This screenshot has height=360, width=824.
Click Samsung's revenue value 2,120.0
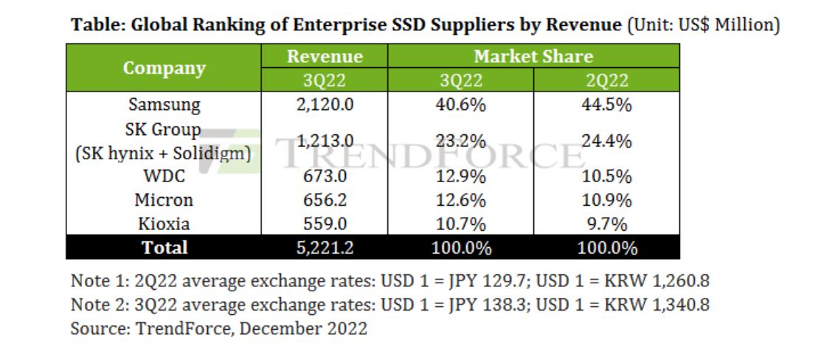click(325, 105)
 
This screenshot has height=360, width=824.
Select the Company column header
click(164, 68)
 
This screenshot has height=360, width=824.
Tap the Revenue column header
click(325, 57)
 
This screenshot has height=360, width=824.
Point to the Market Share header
click(533, 57)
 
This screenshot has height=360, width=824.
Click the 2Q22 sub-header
click(606, 80)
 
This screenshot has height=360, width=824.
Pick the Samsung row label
click(164, 105)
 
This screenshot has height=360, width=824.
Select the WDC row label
click(164, 176)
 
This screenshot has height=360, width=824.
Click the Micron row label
click(164, 200)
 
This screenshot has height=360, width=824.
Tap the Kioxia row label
click(164, 224)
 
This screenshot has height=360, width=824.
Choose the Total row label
click(164, 248)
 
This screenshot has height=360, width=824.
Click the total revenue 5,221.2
click(325, 248)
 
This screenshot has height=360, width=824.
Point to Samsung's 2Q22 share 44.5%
click(606, 105)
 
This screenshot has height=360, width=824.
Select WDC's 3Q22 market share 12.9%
click(460, 176)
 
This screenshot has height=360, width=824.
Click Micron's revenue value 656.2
click(325, 200)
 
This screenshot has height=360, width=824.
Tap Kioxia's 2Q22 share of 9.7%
click(606, 224)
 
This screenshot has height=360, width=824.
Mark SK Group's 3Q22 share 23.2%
click(460, 141)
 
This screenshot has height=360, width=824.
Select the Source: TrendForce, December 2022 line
click(218, 328)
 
